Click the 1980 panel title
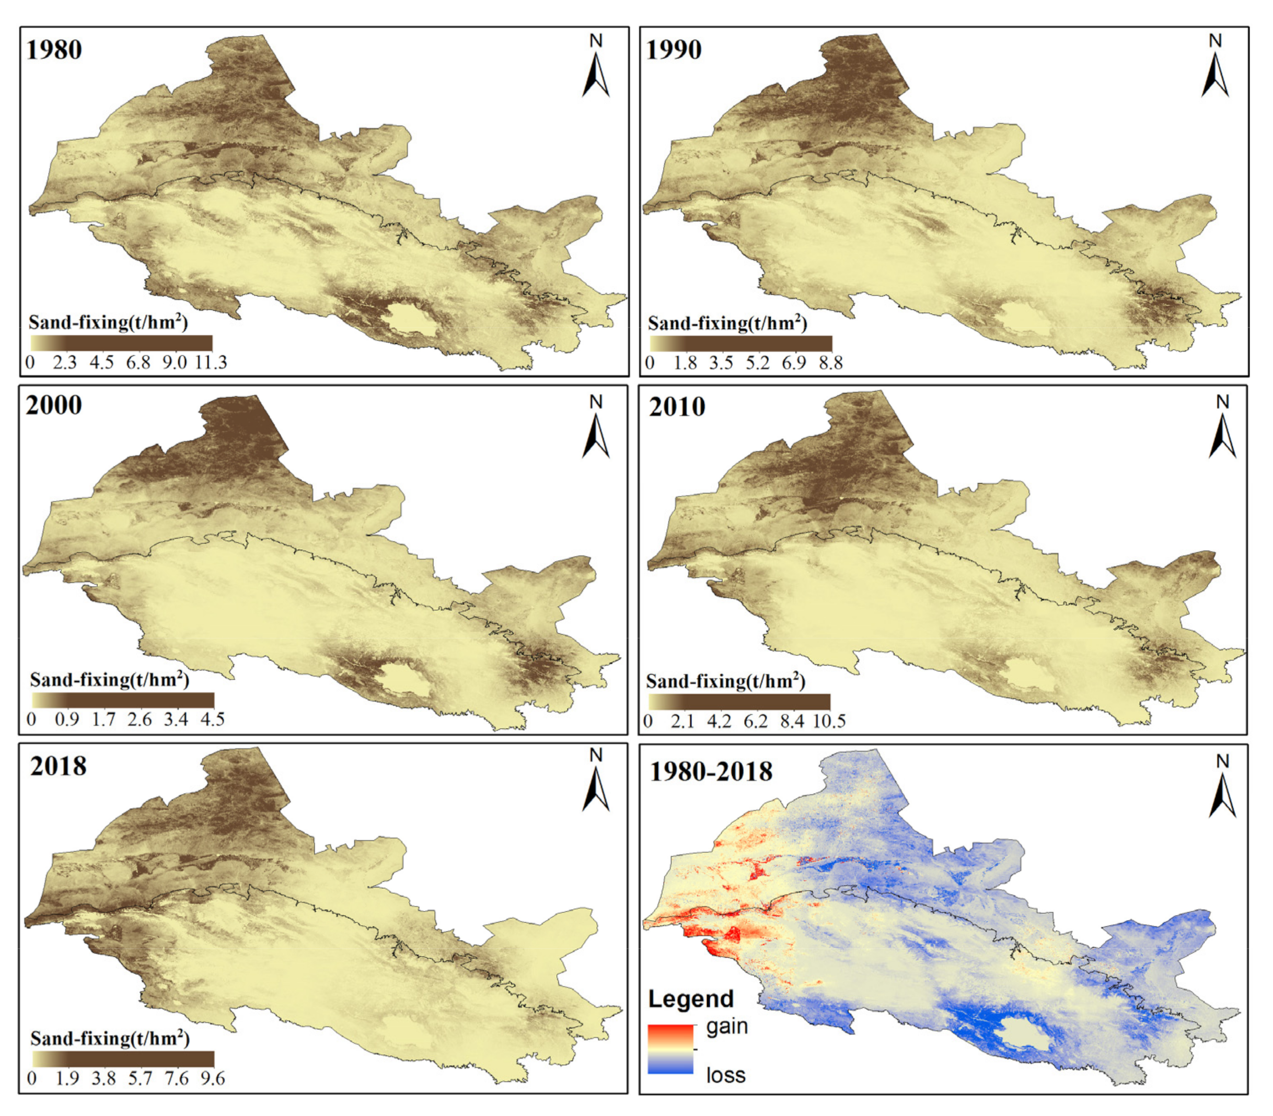(54, 50)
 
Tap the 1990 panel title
(675, 50)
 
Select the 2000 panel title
(54, 405)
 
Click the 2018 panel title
(59, 766)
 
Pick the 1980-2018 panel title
(711, 772)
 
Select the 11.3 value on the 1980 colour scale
(211, 363)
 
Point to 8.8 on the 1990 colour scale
(830, 363)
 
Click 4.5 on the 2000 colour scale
(212, 719)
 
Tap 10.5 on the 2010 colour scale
(830, 721)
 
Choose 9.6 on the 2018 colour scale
(212, 1078)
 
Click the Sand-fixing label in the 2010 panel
(725, 682)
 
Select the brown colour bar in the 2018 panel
(123, 1060)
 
